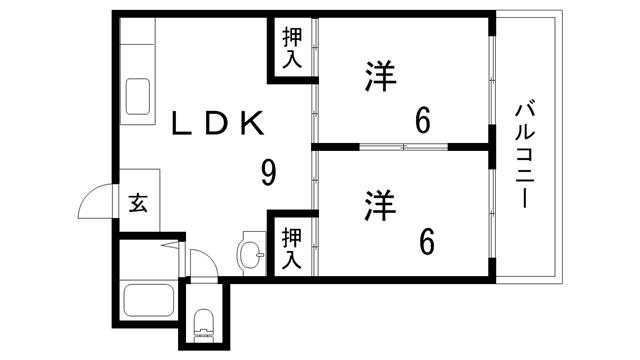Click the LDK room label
point(218,123)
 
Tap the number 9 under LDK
point(269,173)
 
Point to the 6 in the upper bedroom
point(424,121)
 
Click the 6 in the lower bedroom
point(425,241)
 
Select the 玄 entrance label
point(138,205)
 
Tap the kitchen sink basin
point(138,96)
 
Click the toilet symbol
point(204,323)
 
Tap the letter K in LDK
point(252,123)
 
